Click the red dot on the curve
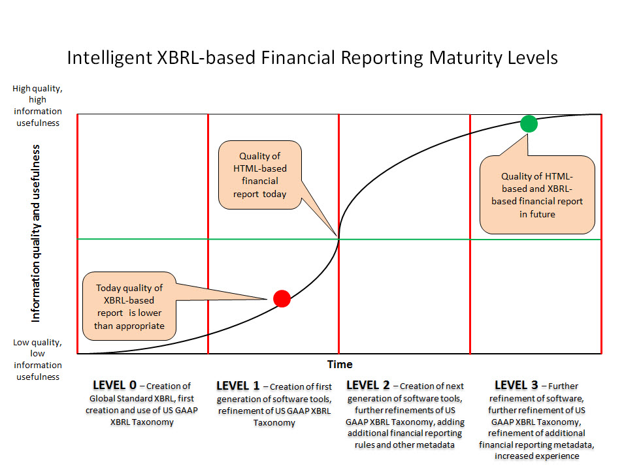coord(282,298)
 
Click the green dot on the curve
coord(529,123)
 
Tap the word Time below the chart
coord(340,364)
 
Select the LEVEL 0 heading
coord(114,385)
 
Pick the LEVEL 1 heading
coord(238,386)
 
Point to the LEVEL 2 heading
coord(368,385)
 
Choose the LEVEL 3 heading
coord(516,385)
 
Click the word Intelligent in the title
coord(109,58)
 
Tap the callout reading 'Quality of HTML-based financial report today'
coord(260,175)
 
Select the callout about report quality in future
coord(537,195)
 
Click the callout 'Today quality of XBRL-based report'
coord(129,306)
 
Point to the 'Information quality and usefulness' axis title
coord(36,234)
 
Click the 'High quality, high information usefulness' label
coord(37,105)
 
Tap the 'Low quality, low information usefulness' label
coord(37,360)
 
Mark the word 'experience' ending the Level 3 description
coord(537,456)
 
